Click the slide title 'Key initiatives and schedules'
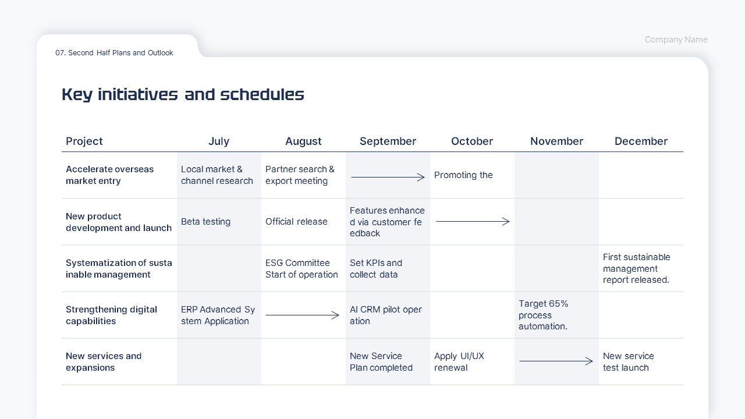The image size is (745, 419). (183, 95)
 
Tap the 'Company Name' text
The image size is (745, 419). (676, 40)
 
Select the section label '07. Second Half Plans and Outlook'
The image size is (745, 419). (114, 53)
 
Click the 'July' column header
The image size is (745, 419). (219, 141)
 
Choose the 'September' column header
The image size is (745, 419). (388, 141)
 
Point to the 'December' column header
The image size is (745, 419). (641, 141)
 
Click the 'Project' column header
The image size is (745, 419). (84, 141)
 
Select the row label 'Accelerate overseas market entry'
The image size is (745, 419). (110, 175)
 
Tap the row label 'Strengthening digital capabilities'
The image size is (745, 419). (111, 315)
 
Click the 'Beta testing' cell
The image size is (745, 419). (205, 222)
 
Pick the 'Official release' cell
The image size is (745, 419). (296, 222)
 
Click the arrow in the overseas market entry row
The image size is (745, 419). (388, 177)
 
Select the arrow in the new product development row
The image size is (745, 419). (473, 222)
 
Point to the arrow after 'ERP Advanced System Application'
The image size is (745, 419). (302, 315)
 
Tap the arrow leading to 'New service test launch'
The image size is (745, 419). (556, 361)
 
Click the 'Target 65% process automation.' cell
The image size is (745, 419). (544, 315)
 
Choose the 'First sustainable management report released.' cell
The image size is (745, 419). (637, 268)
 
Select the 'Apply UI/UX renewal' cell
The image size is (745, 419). (459, 362)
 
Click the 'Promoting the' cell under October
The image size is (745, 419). (463, 175)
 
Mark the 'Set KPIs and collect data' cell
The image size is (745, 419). (376, 269)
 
